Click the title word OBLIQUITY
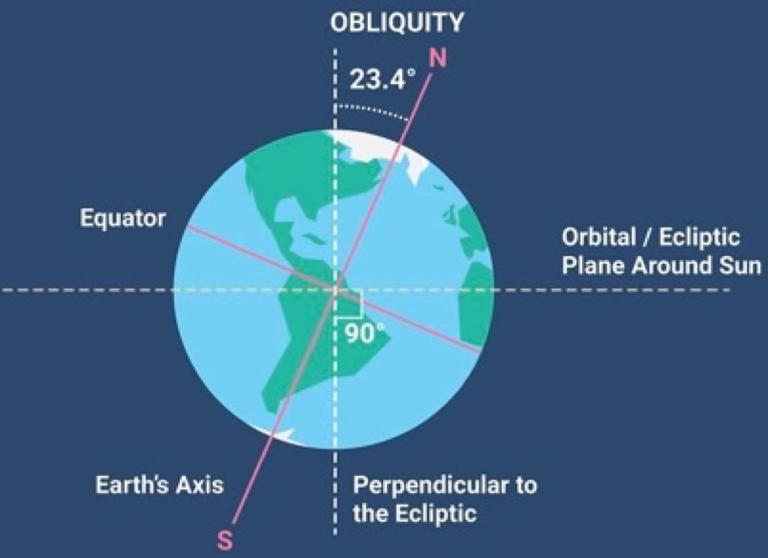click(396, 23)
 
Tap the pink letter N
click(438, 58)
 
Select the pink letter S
click(225, 541)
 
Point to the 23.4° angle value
click(383, 79)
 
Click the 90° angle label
click(365, 334)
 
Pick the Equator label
click(123, 218)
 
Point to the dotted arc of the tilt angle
click(374, 110)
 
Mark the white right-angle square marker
click(349, 304)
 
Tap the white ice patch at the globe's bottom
click(282, 434)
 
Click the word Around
click(670, 266)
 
